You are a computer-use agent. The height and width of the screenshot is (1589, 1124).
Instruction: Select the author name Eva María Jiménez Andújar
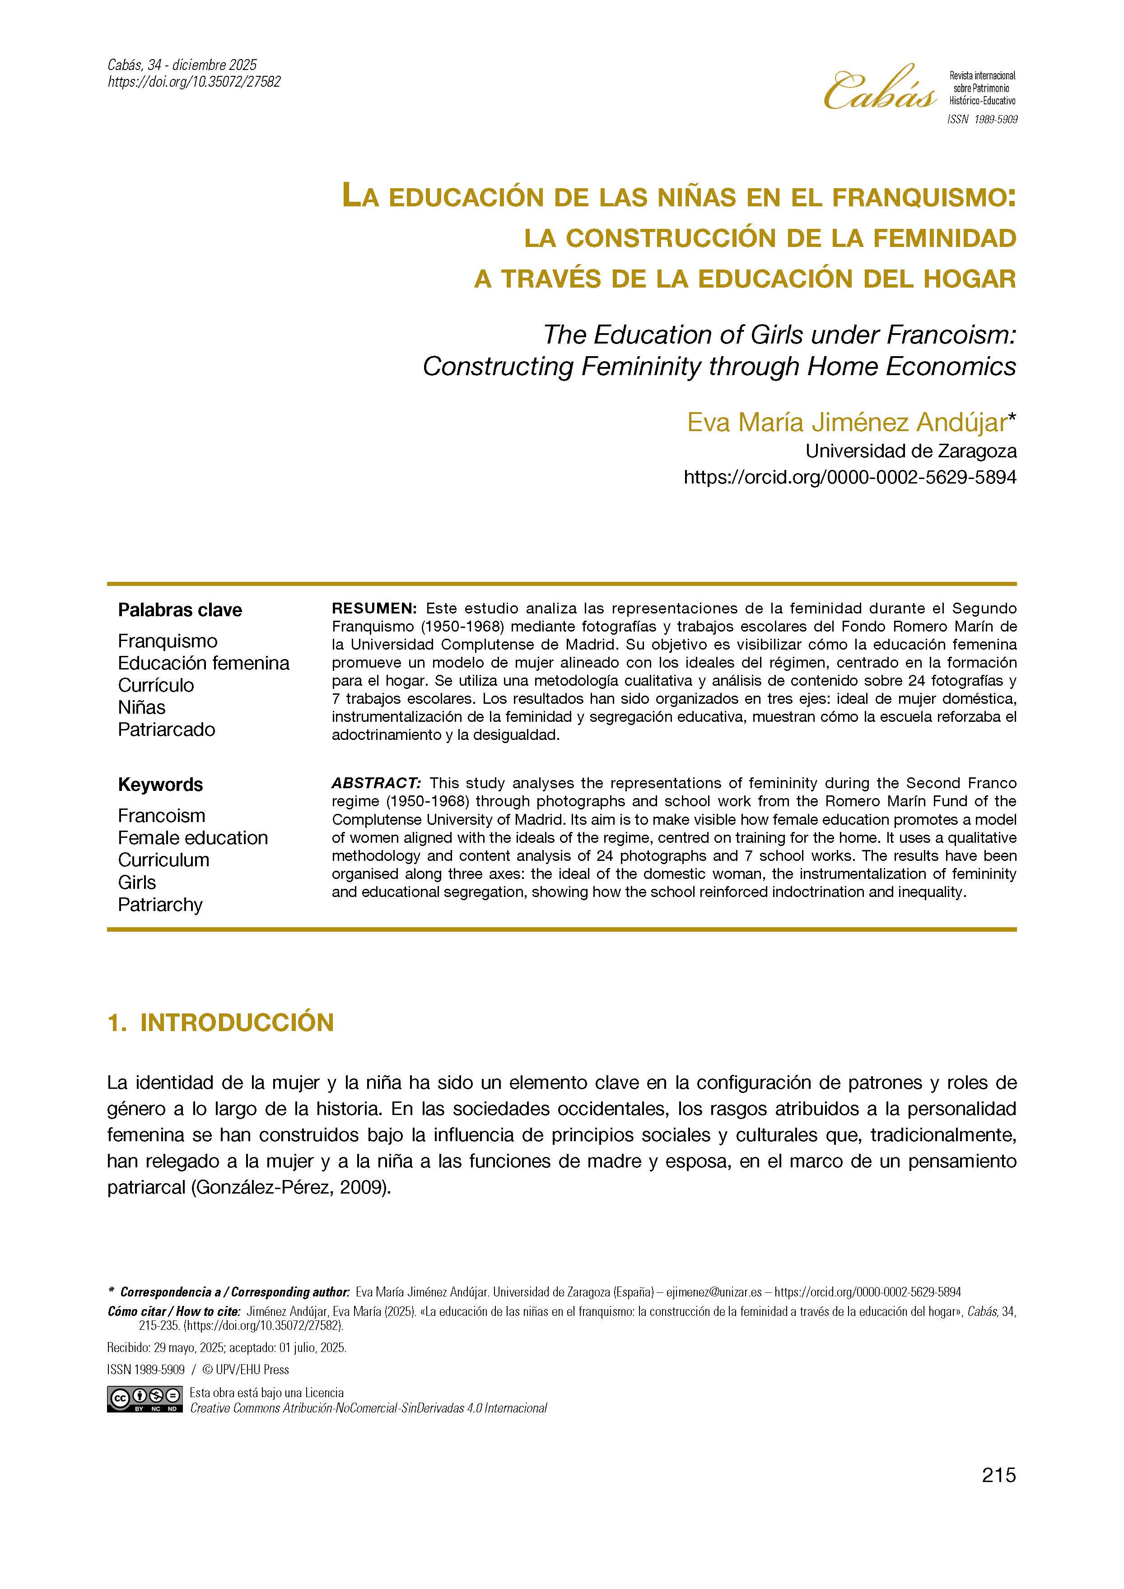(846, 422)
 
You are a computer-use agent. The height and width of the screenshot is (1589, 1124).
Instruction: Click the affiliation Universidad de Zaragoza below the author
(911, 451)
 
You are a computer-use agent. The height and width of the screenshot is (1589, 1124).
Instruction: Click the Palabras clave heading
(180, 610)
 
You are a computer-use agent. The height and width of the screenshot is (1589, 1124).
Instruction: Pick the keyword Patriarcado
(166, 729)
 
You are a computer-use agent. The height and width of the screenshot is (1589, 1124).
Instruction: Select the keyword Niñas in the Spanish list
(142, 707)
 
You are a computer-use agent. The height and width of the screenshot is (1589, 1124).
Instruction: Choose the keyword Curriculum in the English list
(163, 860)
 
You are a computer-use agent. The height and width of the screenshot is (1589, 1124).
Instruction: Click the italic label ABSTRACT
(376, 783)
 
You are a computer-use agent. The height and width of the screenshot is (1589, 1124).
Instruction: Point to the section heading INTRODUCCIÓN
(237, 1023)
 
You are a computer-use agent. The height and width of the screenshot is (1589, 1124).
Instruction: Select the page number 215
(998, 1494)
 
